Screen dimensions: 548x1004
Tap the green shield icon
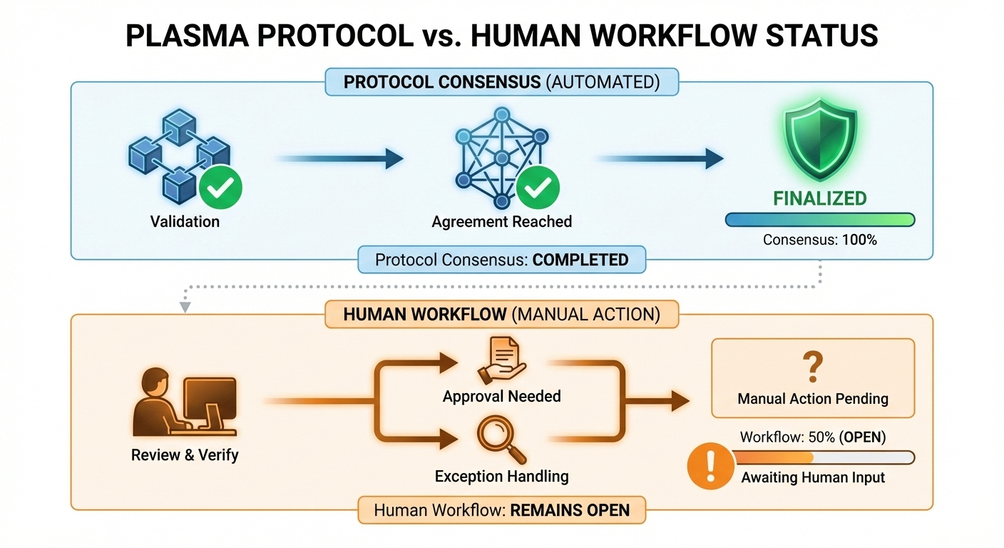(820, 146)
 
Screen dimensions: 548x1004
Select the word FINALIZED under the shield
(820, 198)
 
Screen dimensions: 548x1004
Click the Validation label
(185, 221)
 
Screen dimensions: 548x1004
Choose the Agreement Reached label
(501, 221)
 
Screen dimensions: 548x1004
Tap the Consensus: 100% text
(820, 240)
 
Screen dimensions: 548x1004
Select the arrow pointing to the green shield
(660, 158)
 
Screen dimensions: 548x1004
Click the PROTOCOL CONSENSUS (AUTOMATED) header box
(501, 82)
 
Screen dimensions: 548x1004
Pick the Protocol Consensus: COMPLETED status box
(501, 260)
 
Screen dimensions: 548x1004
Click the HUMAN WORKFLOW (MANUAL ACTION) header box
(501, 314)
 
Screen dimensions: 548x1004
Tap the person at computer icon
(185, 405)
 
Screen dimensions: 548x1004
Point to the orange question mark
(812, 368)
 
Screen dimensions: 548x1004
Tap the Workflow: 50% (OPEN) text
(813, 437)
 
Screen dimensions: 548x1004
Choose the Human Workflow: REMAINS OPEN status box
(501, 510)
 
